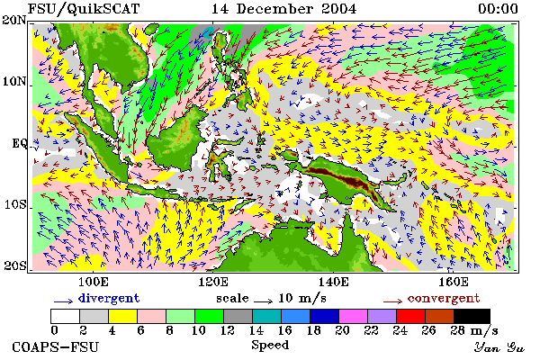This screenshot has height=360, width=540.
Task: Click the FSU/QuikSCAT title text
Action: [84, 9]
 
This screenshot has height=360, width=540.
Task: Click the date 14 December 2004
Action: [283, 9]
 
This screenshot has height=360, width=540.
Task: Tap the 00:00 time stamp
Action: [498, 9]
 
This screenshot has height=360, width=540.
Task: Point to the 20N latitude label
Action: [14, 20]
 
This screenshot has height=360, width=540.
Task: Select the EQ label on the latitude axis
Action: [19, 143]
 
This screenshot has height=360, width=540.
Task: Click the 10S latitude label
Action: [15, 204]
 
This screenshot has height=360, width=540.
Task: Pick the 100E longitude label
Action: [94, 282]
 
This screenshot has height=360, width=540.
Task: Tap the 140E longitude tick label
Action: [333, 282]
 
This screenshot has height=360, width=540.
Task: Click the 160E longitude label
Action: [454, 282]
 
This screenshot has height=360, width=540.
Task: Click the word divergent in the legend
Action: [109, 298]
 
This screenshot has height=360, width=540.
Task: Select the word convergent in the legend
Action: [444, 298]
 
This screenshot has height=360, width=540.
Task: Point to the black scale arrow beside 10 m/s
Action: [264, 301]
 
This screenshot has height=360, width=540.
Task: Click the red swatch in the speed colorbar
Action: [410, 316]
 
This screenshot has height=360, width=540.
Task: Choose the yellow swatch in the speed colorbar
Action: [123, 316]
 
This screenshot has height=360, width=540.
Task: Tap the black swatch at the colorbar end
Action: [472, 316]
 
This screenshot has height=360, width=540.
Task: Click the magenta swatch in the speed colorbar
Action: [353, 316]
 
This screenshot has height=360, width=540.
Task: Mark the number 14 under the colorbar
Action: [256, 330]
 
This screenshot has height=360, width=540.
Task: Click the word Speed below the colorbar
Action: [270, 345]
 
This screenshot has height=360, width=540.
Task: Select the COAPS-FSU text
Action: [55, 347]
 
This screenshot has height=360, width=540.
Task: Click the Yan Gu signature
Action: [499, 347]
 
